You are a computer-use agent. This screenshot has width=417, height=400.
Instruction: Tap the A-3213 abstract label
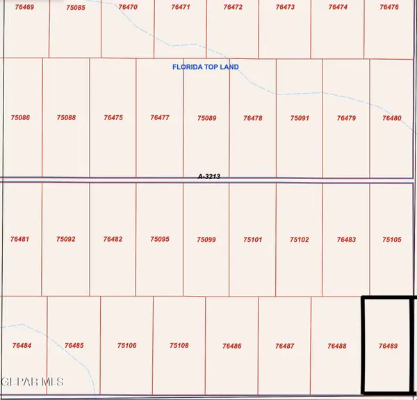point(209,177)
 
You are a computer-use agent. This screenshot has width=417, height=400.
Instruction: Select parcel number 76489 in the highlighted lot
point(388,345)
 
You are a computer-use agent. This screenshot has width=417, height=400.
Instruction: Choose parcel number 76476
point(390,7)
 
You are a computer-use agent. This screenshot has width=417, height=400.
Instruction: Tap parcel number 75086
point(21,118)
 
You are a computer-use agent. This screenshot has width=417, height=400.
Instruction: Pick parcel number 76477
point(160,118)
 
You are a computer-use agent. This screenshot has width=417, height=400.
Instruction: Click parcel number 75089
point(206,118)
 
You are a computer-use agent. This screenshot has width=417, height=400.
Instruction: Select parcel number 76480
point(392,118)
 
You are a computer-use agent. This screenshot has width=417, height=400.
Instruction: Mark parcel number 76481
point(20,240)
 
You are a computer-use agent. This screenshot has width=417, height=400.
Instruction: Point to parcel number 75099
point(206,240)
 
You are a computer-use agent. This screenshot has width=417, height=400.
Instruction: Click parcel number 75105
point(392,240)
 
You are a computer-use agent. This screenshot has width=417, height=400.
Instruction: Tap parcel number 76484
point(22,345)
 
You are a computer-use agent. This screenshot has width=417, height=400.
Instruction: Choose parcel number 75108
point(179,345)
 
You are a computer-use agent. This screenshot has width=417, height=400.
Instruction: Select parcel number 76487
point(284,345)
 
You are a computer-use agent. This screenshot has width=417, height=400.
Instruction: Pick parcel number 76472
point(233,7)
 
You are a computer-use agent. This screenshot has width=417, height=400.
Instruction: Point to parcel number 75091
point(300,118)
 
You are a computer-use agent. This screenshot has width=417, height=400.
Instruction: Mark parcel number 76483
point(346,240)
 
